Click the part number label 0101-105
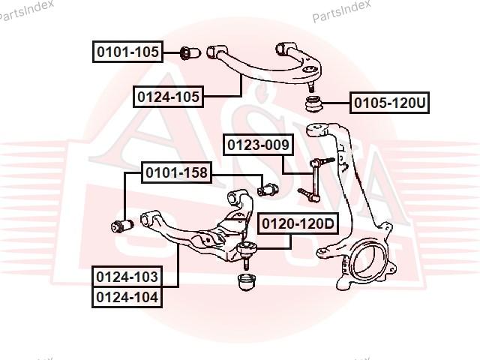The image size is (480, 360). coord(127,52)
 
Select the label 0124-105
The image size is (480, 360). coord(168,97)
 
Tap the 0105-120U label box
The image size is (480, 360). coord(389,103)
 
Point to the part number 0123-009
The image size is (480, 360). coord(258,145)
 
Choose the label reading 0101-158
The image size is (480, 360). coord(176,172)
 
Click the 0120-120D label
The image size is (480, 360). coord(298,223)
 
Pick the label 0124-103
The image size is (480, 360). coord(127,277)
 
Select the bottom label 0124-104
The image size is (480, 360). coord(127,297)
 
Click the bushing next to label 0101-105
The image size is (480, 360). coord(190,53)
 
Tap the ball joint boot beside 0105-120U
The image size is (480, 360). coord(314,104)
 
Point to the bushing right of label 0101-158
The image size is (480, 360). coord(268,190)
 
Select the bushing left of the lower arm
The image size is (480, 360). coord(122,226)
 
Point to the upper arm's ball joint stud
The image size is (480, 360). coord(311,87)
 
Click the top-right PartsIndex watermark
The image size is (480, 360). coord(341,11)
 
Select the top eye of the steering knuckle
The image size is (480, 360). coord(316,130)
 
